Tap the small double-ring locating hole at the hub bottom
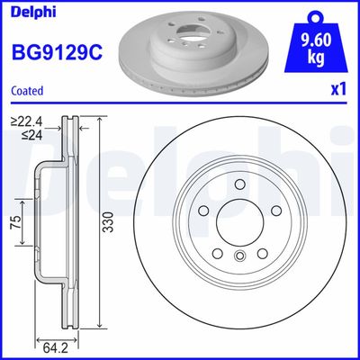tap(239, 256)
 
